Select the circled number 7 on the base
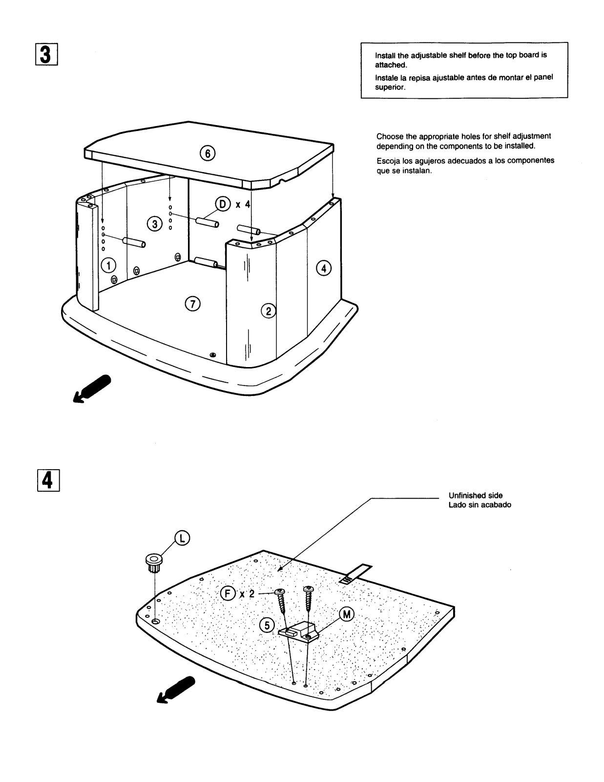[x=192, y=304]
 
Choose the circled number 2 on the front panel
[x=269, y=310]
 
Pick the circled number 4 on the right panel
[x=323, y=268]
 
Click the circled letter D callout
[x=223, y=204]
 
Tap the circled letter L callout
[x=182, y=538]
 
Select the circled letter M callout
[x=346, y=615]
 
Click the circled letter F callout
[x=227, y=594]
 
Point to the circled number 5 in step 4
[x=267, y=625]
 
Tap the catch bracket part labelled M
[x=299, y=630]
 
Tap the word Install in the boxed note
[x=386, y=55]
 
